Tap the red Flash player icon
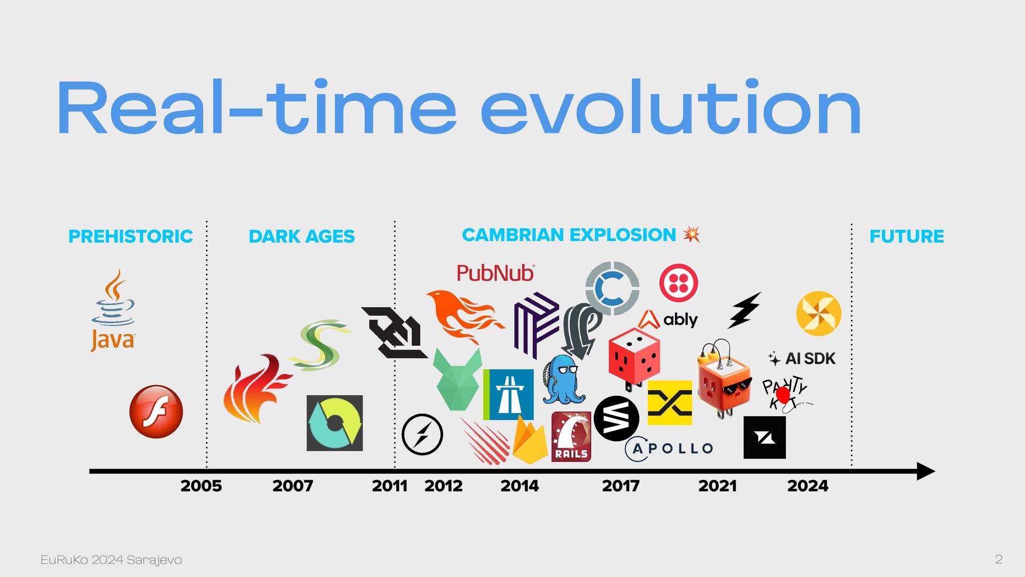coord(156,411)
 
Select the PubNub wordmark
coord(495,273)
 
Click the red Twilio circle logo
coord(679,283)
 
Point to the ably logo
coord(668,319)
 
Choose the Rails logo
coord(571,436)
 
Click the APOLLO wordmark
coord(669,448)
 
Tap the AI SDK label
coord(802,358)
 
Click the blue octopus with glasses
coord(563,379)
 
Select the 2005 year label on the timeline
coord(201,486)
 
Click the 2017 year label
coord(621,486)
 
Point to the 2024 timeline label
coord(808,486)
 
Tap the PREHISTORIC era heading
coord(131,236)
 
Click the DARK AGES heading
coord(302,236)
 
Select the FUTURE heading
coord(906,236)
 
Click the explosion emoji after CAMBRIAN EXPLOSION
coord(691,234)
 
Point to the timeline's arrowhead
coord(926,471)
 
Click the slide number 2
coord(998,559)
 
